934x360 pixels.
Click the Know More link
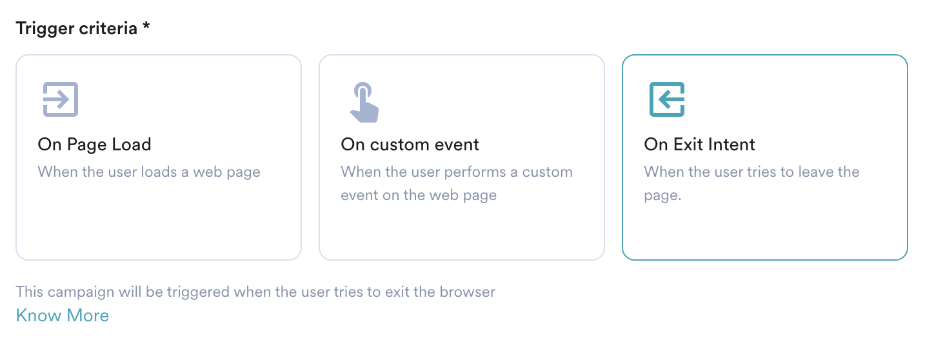pyautogui.click(x=63, y=315)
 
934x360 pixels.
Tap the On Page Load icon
pyautogui.click(x=61, y=99)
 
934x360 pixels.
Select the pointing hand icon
pyautogui.click(x=364, y=102)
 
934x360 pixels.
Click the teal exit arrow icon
pyautogui.click(x=667, y=99)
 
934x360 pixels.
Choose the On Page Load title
pyautogui.click(x=94, y=145)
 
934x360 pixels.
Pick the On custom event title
pyautogui.click(x=410, y=145)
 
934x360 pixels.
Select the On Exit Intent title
pyautogui.click(x=699, y=145)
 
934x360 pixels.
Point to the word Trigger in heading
pyautogui.click(x=45, y=29)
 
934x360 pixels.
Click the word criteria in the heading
pyautogui.click(x=108, y=28)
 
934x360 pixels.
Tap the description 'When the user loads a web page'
pyautogui.click(x=149, y=172)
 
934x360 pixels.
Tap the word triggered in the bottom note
pyautogui.click(x=198, y=292)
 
